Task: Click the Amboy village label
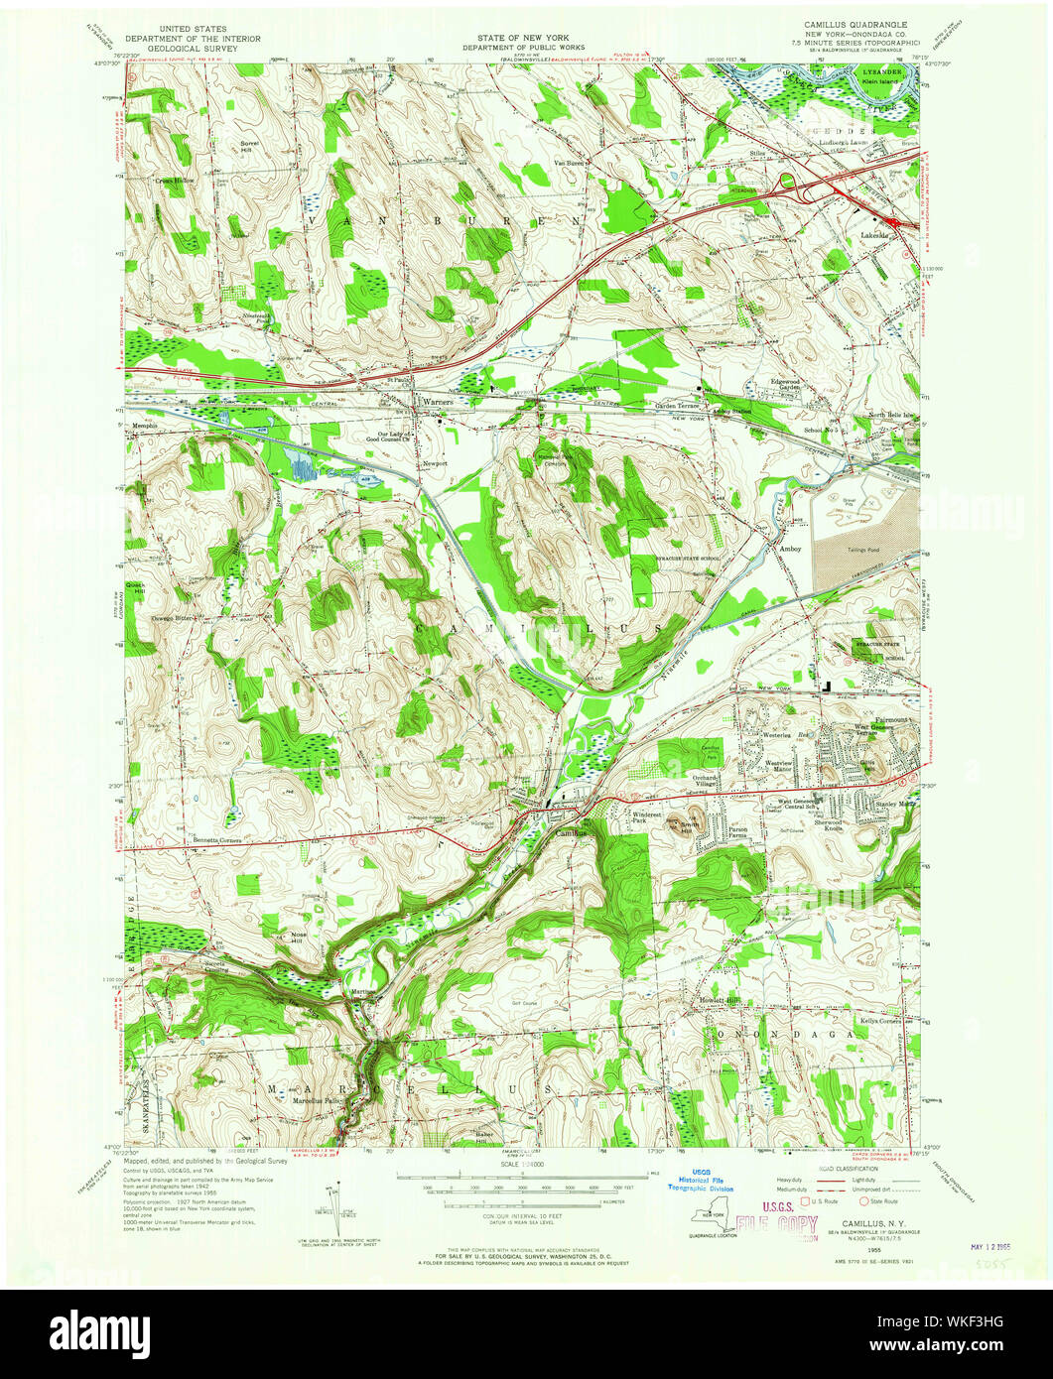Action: click(x=790, y=549)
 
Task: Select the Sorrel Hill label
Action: click(x=249, y=148)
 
